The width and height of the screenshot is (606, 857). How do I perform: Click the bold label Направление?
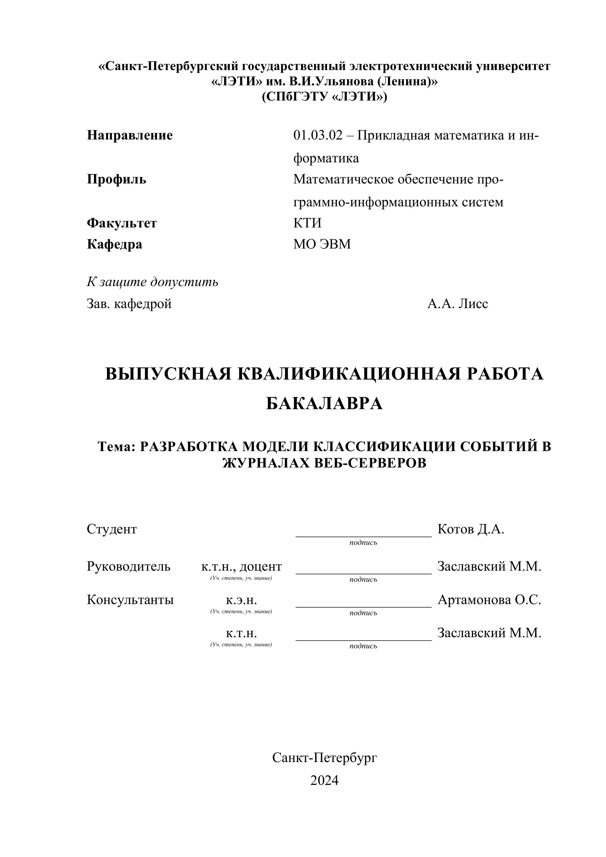130,135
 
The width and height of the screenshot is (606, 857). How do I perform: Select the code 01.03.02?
318,135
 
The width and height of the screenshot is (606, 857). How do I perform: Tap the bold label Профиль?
116,180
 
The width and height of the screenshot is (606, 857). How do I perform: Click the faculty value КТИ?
307,223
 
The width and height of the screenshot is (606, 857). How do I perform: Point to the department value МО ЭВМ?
322,244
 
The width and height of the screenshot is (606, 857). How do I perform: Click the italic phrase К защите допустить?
152,282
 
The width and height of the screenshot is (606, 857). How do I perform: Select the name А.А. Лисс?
457,304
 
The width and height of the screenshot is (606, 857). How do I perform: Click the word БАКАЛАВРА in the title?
324,404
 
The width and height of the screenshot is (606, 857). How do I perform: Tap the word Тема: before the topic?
116,446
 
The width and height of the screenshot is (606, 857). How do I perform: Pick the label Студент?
112,529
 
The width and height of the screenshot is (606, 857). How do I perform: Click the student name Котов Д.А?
471,529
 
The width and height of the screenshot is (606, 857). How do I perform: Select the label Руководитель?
128,567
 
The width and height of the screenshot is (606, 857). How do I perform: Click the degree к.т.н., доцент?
241,567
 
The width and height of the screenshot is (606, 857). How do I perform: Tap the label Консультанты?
130,600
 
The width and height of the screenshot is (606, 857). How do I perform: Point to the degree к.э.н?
241,600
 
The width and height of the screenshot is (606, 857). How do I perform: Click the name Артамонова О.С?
489,600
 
